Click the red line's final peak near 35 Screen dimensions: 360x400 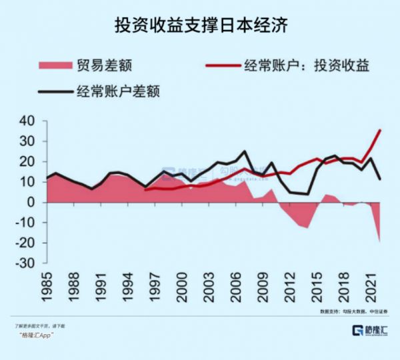pyautogui.click(x=380, y=131)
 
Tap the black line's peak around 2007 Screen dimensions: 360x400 pyautogui.click(x=245, y=152)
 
